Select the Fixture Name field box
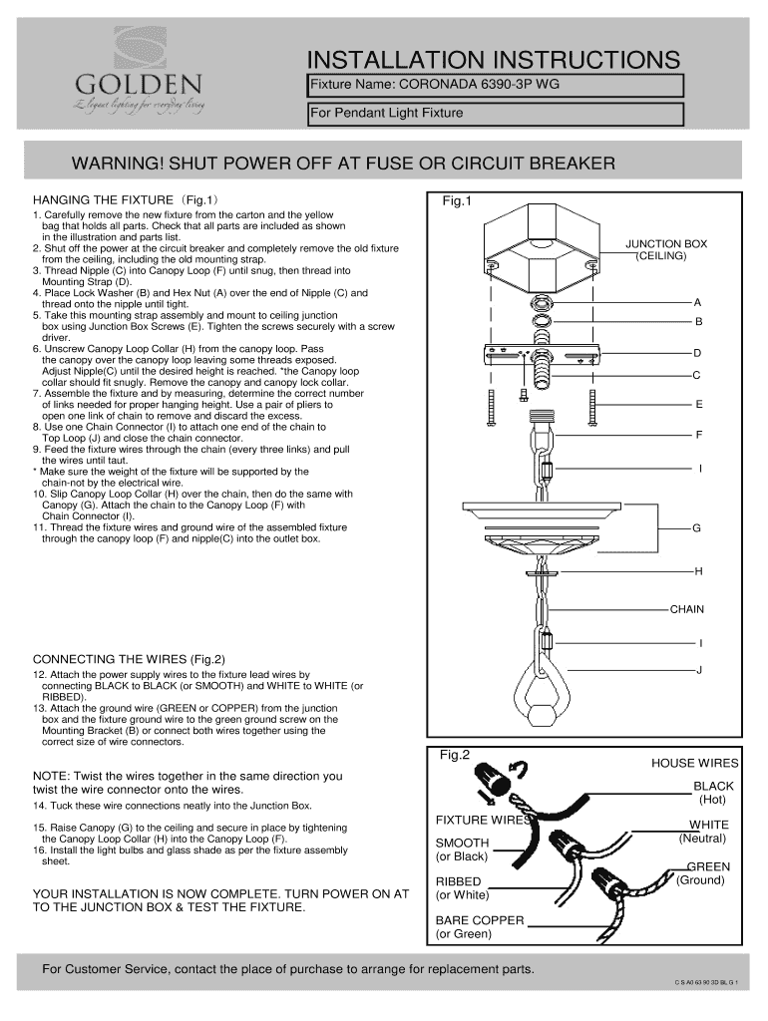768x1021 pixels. pyautogui.click(x=495, y=85)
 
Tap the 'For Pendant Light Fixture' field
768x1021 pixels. pyautogui.click(x=495, y=113)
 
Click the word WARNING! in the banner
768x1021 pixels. pyautogui.click(x=111, y=163)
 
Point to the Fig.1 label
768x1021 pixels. pyautogui.click(x=456, y=201)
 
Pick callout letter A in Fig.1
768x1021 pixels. pyautogui.click(x=698, y=301)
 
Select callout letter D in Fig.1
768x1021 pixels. pyautogui.click(x=698, y=353)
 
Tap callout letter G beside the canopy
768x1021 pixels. pyautogui.click(x=697, y=527)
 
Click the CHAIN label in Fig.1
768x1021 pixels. pyautogui.click(x=687, y=608)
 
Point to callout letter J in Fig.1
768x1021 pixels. pyautogui.click(x=699, y=670)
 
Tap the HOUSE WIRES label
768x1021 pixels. pyautogui.click(x=694, y=764)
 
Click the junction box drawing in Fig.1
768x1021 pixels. pyautogui.click(x=539, y=244)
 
